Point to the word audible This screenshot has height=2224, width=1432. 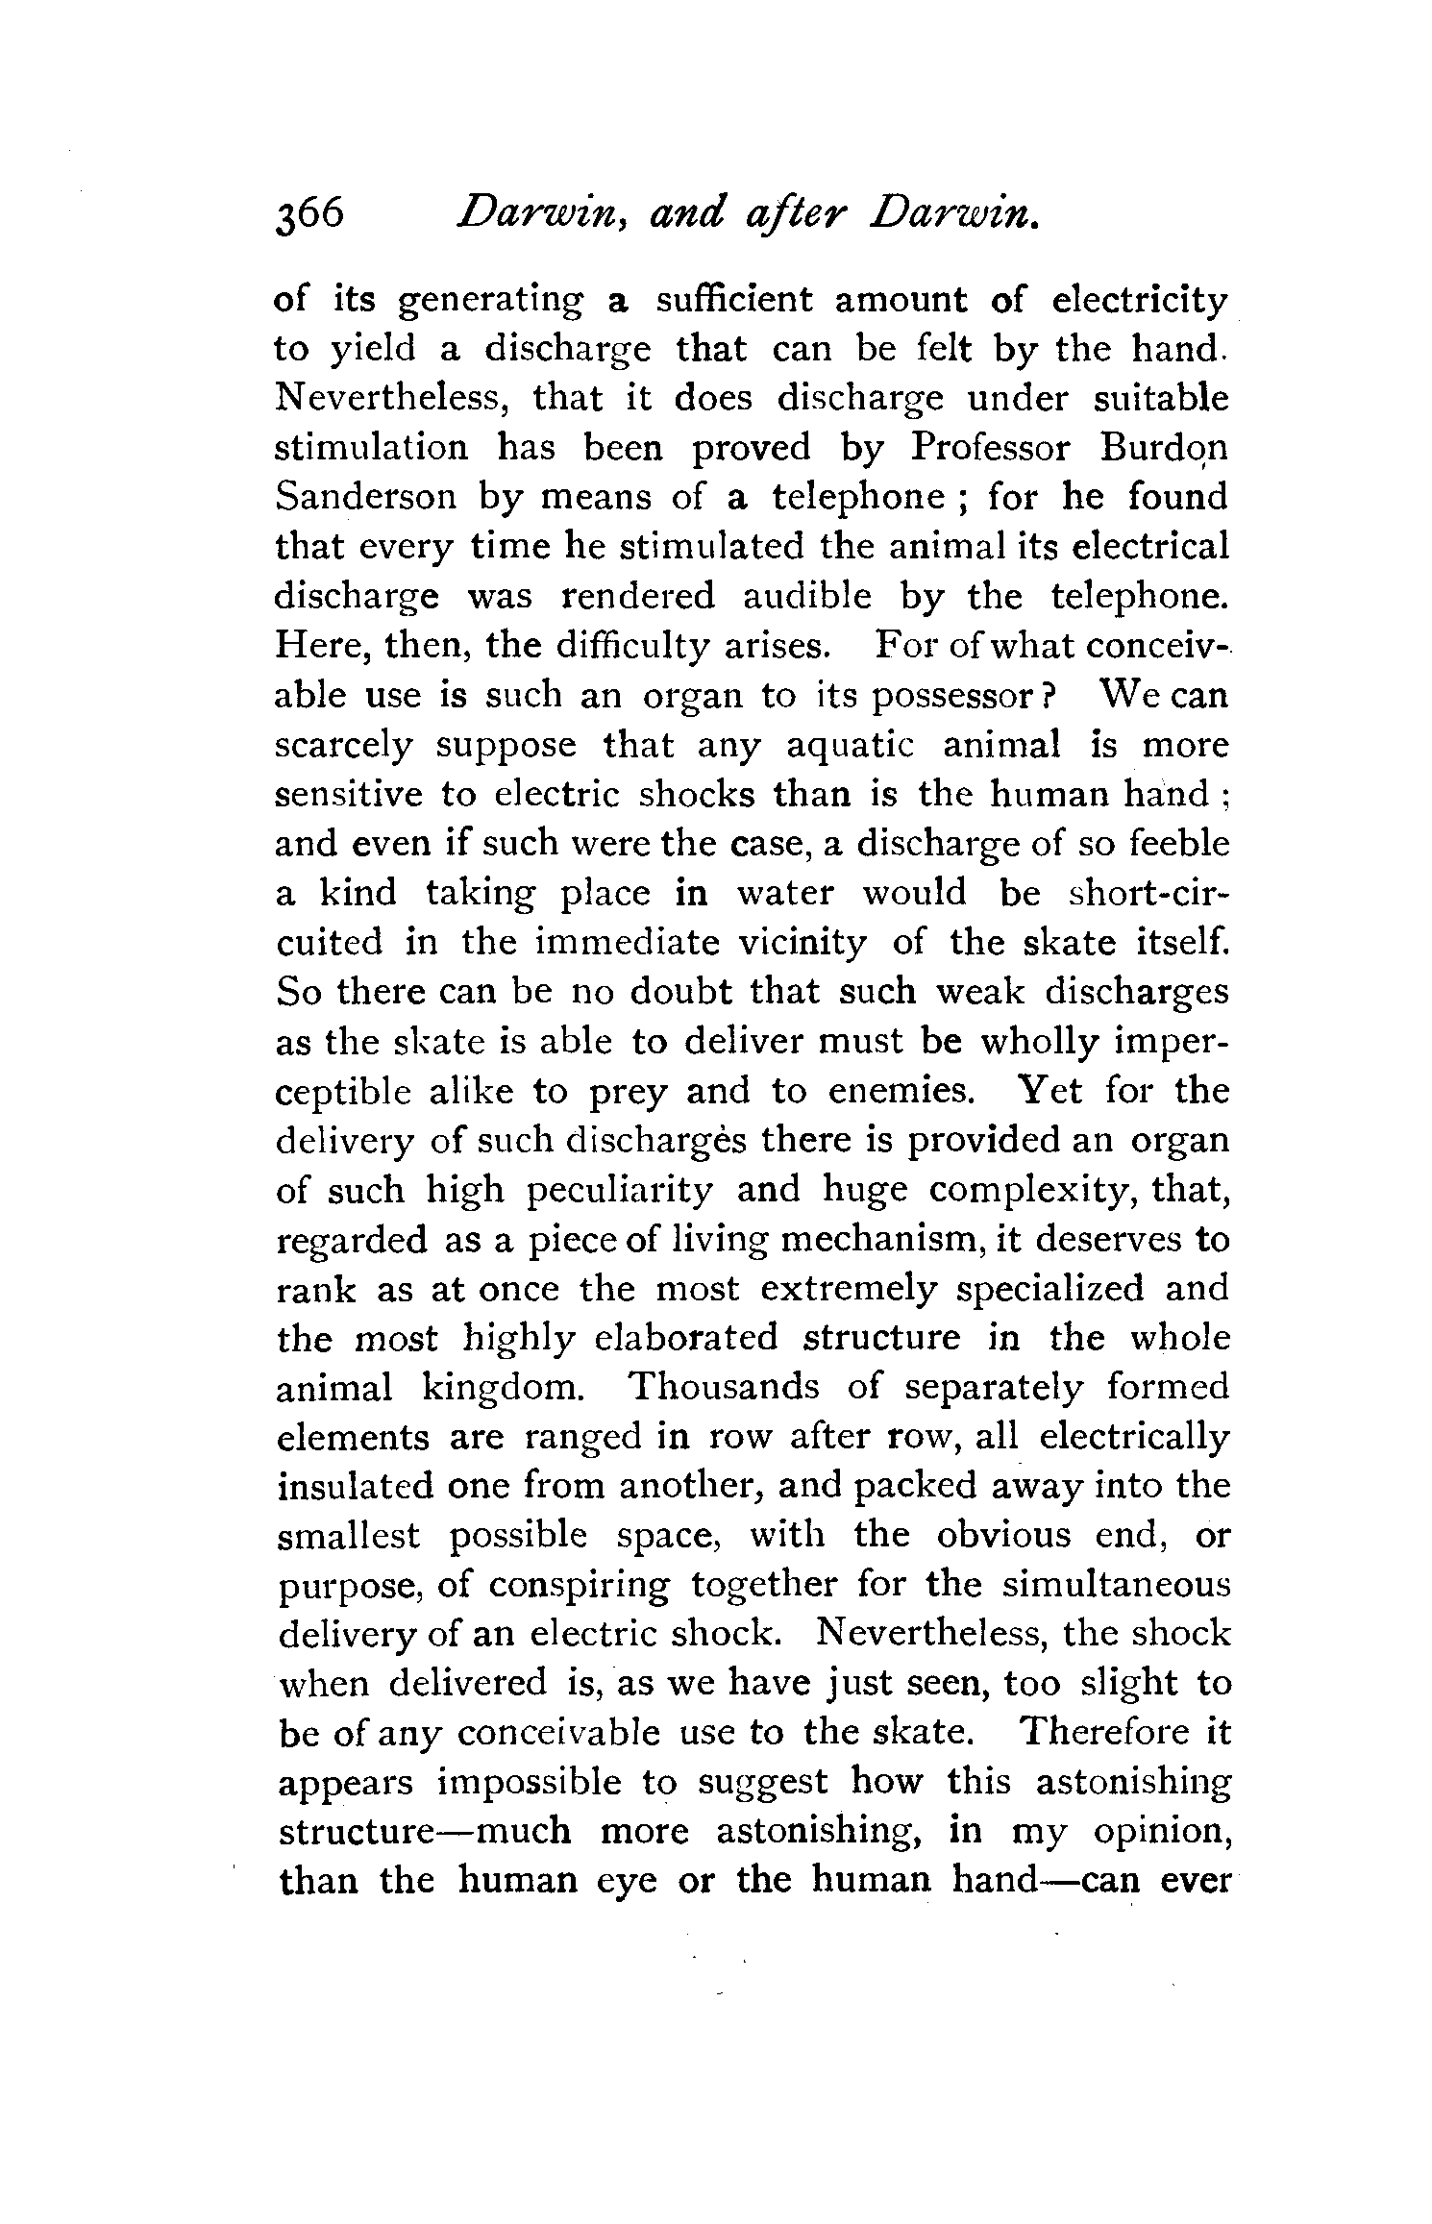point(807,597)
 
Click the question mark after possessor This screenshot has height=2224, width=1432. point(1051,696)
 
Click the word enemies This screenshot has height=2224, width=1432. point(889,1092)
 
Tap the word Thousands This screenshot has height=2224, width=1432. point(724,1388)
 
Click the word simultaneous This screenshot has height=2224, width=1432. point(1116,1585)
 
